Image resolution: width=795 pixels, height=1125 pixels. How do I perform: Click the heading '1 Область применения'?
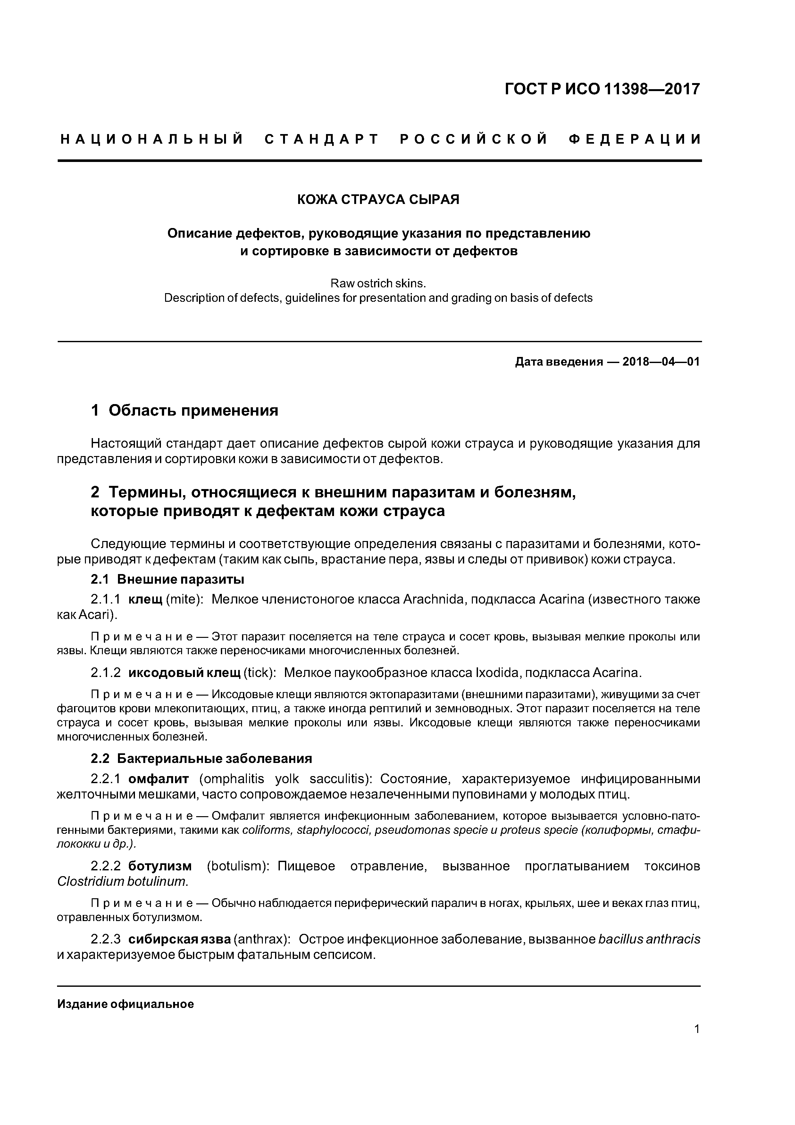(x=185, y=410)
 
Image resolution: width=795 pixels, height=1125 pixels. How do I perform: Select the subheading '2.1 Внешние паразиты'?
(x=168, y=579)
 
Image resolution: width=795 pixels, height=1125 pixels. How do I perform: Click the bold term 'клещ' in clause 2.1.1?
(x=145, y=599)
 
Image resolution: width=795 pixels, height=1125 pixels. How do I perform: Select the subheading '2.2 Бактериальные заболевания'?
(x=201, y=758)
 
